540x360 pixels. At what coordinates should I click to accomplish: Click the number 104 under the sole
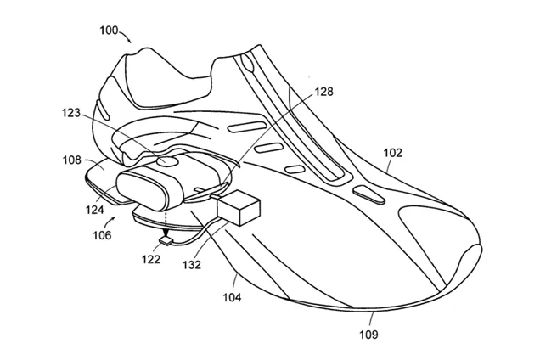(x=231, y=298)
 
